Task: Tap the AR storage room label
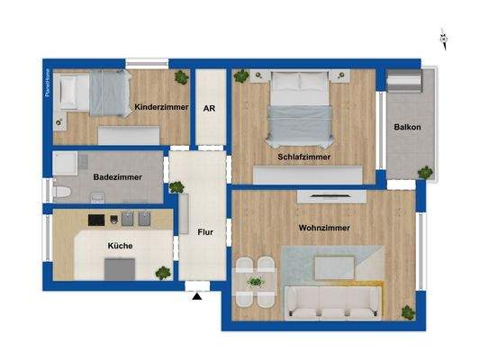click(209, 108)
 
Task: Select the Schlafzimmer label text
click(303, 157)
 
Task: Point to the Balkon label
click(407, 127)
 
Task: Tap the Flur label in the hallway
click(205, 231)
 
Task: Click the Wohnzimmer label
click(324, 228)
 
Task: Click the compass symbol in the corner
click(443, 38)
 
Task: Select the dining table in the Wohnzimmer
click(255, 282)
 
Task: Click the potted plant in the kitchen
click(163, 271)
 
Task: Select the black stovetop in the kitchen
click(97, 220)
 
